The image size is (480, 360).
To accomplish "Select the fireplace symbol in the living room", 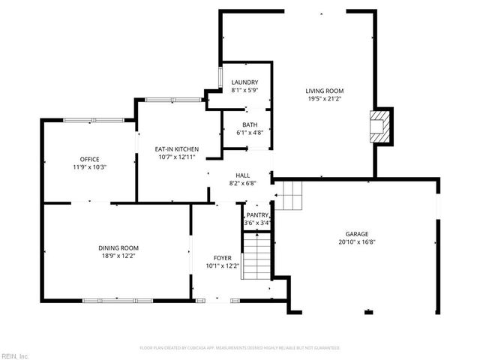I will tap(382, 126).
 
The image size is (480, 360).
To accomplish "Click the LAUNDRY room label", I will tap(244, 82).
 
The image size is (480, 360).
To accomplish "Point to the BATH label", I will tap(250, 124).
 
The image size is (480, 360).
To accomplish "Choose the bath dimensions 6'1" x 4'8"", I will tap(250, 133).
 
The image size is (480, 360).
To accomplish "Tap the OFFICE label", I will tap(90, 159).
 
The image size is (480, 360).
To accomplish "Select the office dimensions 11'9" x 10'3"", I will tap(90, 167).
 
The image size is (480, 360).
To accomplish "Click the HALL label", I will tap(243, 174).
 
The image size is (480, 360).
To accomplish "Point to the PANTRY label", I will tap(257, 214).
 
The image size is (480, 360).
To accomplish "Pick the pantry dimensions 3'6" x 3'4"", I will tap(257, 223).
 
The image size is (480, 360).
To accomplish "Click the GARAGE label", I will tap(357, 233).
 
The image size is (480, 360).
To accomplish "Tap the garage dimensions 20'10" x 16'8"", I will tap(357, 241).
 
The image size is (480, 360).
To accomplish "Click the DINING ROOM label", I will tap(118, 248).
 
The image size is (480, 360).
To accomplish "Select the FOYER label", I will tap(222, 257).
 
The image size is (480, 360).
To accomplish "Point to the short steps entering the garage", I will tap(289, 196).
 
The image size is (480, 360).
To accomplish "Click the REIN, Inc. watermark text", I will tap(15, 355).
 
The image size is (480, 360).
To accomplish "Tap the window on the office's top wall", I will tap(94, 119).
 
